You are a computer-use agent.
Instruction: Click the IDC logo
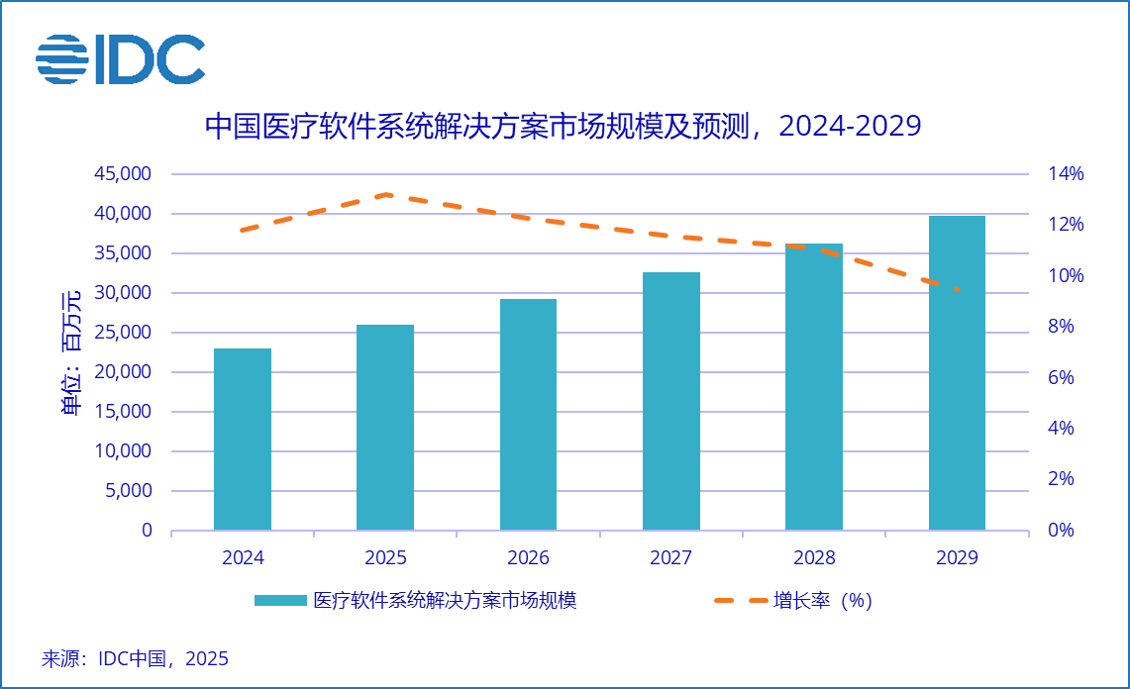point(120,58)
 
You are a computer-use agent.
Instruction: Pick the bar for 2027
point(671,401)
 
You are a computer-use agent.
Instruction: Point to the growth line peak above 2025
point(386,195)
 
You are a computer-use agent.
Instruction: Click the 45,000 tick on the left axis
point(125,174)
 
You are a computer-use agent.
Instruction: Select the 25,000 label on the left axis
point(125,333)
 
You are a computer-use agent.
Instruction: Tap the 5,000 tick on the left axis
point(130,491)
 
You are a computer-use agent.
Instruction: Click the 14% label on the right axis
point(1067,174)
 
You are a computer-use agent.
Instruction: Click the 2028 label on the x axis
point(814,558)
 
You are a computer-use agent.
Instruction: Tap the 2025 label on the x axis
point(385,558)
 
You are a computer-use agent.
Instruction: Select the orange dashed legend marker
point(740,601)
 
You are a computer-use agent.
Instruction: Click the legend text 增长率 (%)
point(823,601)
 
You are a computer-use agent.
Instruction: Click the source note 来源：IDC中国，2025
point(135,658)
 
